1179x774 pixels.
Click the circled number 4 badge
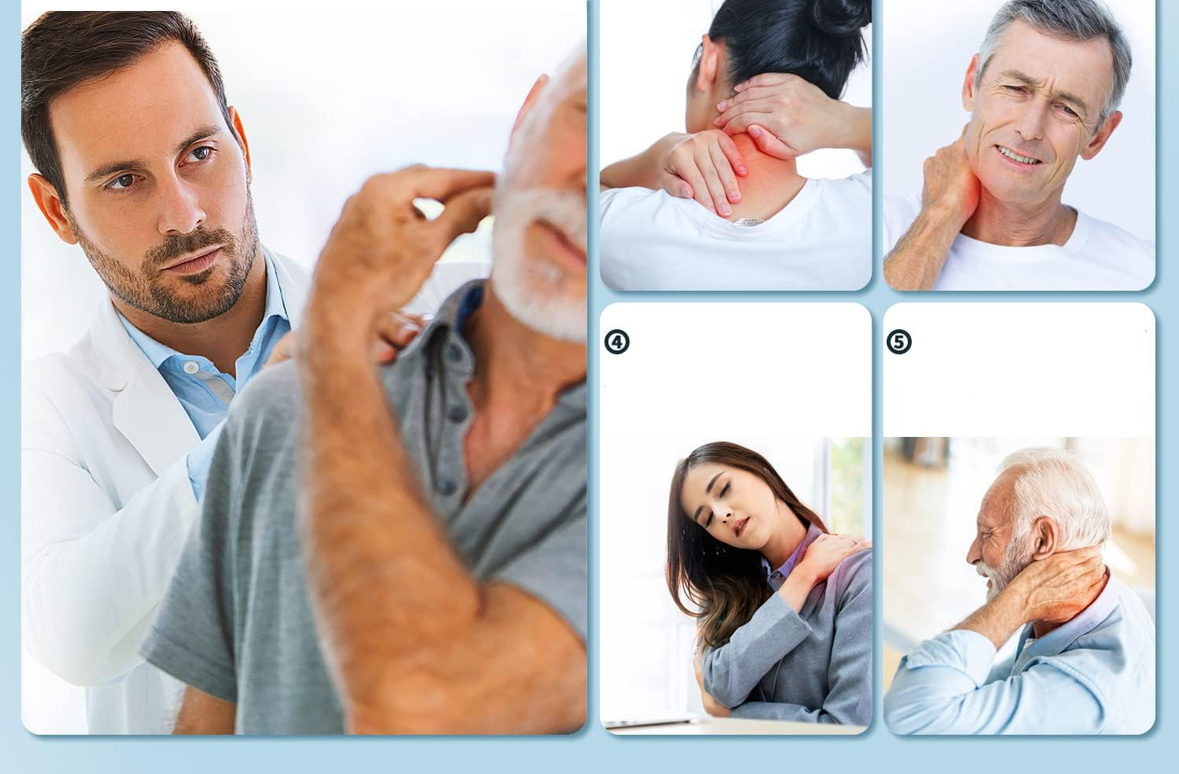[616, 342]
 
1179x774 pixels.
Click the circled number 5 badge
[898, 342]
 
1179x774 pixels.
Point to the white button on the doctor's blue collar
[190, 367]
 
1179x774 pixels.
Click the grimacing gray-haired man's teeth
[1019, 156]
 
